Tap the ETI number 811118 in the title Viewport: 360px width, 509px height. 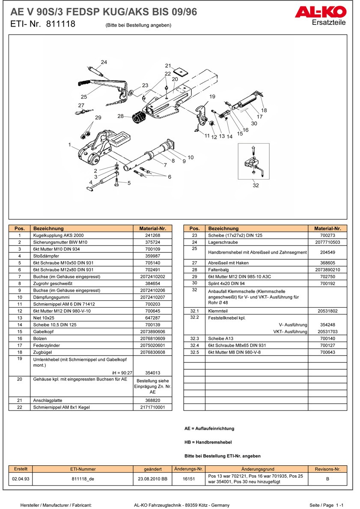point(59,24)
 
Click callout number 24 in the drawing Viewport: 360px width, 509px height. point(104,62)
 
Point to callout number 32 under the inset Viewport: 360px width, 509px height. point(256,186)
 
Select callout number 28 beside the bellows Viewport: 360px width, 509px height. point(121,116)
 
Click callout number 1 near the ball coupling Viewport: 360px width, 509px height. point(69,145)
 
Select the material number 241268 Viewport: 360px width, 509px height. point(152,236)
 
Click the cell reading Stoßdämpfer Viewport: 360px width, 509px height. point(45,256)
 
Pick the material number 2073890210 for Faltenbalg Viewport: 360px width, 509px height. point(327,270)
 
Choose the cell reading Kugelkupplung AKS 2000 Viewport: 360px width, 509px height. point(58,236)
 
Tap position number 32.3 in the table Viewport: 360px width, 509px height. point(194,338)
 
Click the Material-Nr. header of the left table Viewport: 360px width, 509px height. point(152,229)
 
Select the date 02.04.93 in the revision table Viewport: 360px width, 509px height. point(21,479)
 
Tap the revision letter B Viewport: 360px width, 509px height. point(327,479)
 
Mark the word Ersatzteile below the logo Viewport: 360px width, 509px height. point(329,22)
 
